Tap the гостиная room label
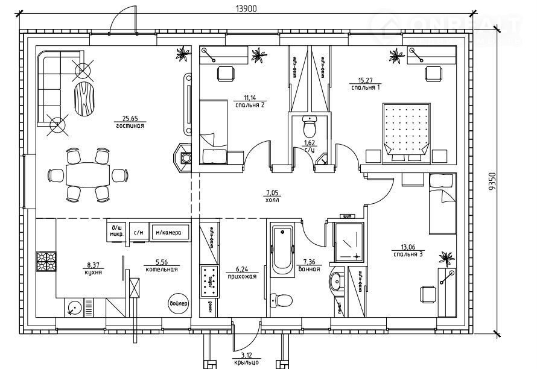[x=131, y=125]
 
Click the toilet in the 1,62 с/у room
[x=310, y=128]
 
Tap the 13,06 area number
[x=408, y=247]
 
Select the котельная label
[x=161, y=269]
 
